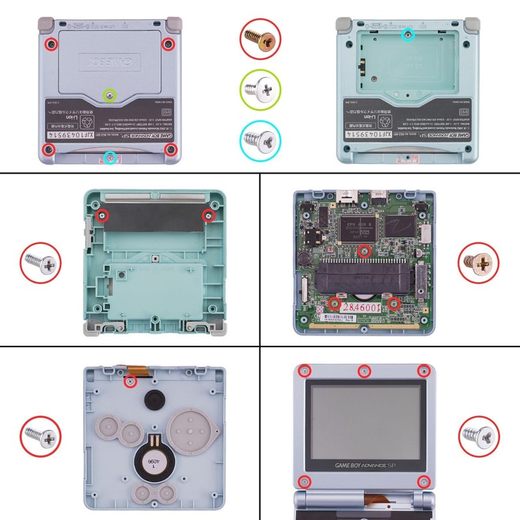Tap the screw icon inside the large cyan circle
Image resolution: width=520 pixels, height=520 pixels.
260,138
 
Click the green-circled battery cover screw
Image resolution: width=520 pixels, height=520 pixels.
110,96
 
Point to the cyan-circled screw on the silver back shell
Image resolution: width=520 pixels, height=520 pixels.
110,157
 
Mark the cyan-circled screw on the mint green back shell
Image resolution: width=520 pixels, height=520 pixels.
408,33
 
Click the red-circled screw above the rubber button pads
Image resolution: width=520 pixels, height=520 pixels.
129,382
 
